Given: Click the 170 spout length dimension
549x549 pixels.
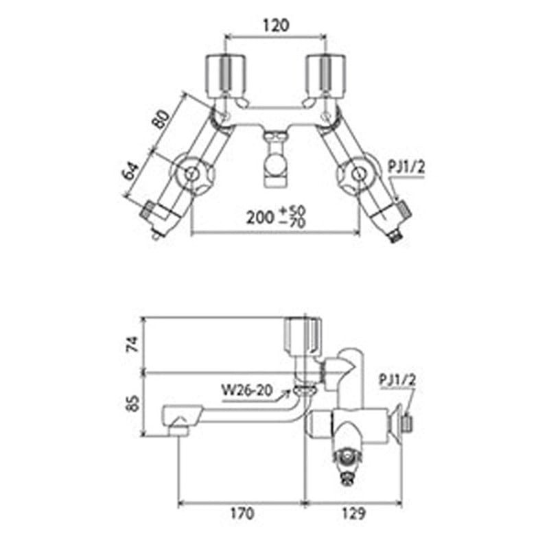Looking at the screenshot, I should click(x=241, y=513).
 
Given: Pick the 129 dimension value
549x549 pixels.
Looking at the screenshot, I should click(x=352, y=513).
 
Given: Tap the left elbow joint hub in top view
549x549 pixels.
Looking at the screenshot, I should click(x=191, y=175).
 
